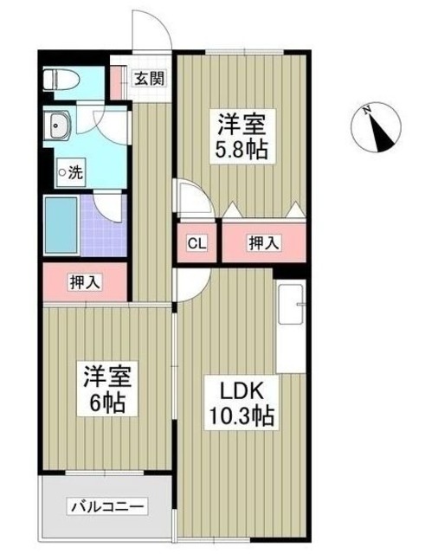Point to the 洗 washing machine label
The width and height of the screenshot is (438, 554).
click(x=75, y=172)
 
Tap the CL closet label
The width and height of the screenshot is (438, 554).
click(x=197, y=242)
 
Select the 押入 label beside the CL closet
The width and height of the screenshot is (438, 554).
click(x=264, y=242)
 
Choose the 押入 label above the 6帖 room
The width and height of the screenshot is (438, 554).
click(x=84, y=281)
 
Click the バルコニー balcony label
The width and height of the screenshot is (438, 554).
click(x=107, y=506)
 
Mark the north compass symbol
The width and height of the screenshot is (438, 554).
click(x=377, y=126)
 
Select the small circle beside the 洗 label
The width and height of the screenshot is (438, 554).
click(x=61, y=172)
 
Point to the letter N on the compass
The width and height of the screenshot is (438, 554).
click(x=367, y=110)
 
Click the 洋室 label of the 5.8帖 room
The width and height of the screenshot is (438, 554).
click(x=241, y=121)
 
